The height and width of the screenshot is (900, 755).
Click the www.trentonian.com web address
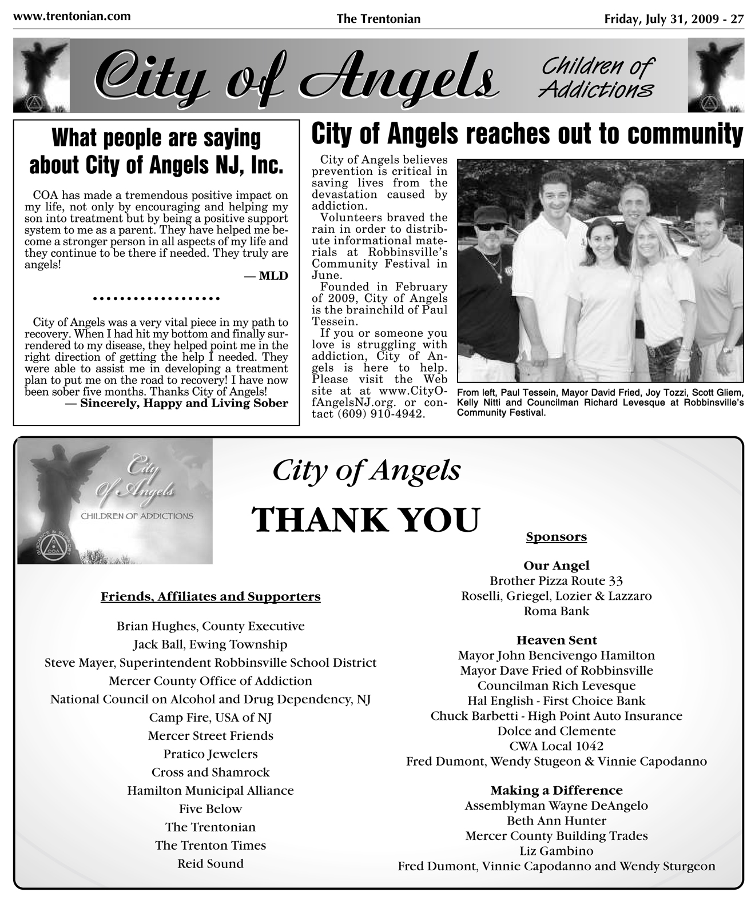pos(71,16)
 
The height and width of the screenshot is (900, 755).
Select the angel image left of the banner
pos(41,75)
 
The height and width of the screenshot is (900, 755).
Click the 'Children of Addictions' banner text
pos(597,77)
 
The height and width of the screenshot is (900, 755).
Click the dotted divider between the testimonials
pos(156,298)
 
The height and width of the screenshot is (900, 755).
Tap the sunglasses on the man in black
pos(491,226)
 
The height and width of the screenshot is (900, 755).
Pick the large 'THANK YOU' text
pos(366,520)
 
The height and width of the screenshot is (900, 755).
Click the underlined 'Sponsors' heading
pos(556,537)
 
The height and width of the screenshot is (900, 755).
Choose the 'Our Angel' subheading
pos(556,566)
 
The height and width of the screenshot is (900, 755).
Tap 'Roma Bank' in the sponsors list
pos(556,611)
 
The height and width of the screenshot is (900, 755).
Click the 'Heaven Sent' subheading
pos(556,640)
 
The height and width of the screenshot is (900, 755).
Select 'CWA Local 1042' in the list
pos(556,746)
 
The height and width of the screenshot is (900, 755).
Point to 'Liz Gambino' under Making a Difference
pos(556,851)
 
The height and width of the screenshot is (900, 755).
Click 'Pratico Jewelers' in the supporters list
pos(210,754)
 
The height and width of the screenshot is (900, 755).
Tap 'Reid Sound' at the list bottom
pos(210,863)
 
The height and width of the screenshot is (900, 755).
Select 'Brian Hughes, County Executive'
pos(210,626)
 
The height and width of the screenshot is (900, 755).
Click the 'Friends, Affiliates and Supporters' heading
pos(210,597)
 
